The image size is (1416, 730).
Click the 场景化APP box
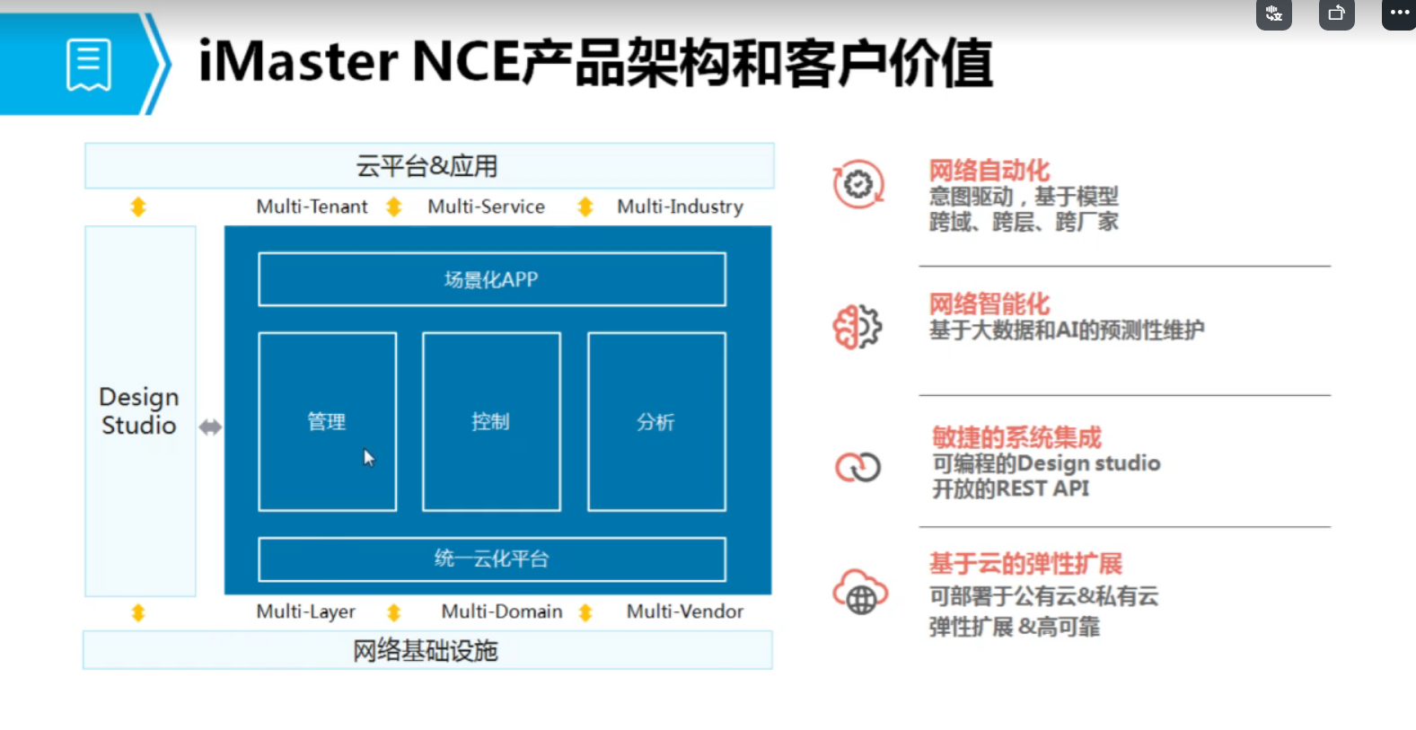click(491, 279)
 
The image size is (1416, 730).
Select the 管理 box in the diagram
click(327, 421)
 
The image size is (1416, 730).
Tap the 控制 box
click(491, 421)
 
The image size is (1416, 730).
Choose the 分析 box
click(656, 421)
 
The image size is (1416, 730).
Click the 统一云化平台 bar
click(491, 559)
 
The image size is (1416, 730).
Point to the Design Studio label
click(139, 411)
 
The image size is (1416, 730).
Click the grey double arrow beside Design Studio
click(210, 427)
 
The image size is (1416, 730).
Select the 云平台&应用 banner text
click(427, 166)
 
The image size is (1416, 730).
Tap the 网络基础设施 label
click(426, 651)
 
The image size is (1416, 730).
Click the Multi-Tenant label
click(312, 207)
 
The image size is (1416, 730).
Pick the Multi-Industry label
click(680, 207)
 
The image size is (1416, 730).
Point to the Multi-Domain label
click(502, 612)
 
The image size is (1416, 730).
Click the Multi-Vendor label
click(685, 612)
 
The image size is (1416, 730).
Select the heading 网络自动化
click(989, 171)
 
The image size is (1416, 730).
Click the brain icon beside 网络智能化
click(858, 327)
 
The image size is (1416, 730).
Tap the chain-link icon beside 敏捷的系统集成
click(858, 467)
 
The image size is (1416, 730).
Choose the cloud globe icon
click(859, 593)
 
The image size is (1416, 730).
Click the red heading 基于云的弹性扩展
click(1025, 564)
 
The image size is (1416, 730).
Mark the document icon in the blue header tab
click(89, 65)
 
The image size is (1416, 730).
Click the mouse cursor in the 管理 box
click(368, 457)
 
